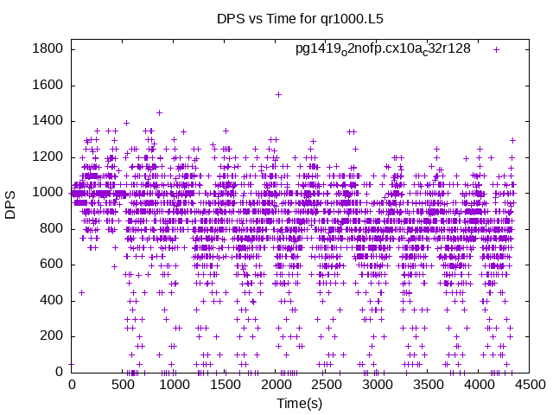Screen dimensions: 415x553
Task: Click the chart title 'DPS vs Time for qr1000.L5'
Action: coord(276,18)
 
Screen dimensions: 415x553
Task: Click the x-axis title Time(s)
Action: coord(300,404)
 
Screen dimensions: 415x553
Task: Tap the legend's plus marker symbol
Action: coord(496,49)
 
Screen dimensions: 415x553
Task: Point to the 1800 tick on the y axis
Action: coord(48,49)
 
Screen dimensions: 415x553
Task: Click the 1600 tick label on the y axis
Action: coord(48,85)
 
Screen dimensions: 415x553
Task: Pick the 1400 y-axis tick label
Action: coord(48,121)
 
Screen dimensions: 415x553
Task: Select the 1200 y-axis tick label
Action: coord(48,156)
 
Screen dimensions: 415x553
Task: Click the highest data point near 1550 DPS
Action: coord(278,94)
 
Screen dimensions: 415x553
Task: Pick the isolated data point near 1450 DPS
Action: coord(159,112)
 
